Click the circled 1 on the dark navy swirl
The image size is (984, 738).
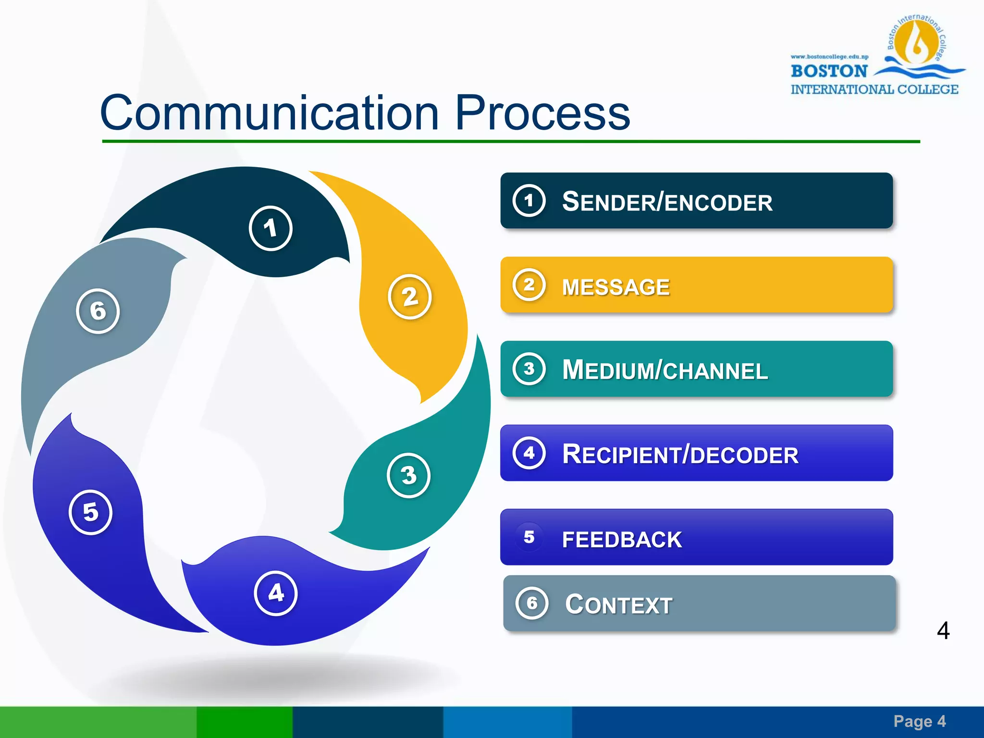[x=271, y=228]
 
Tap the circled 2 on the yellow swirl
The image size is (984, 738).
[x=409, y=296]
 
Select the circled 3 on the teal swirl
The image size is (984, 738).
[x=408, y=475]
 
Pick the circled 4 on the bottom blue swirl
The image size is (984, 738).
[x=276, y=593]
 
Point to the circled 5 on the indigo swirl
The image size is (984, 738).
[x=90, y=512]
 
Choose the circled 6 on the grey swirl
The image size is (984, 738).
[x=98, y=311]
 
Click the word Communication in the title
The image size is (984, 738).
[x=269, y=113]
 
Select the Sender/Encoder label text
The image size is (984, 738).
[x=667, y=202]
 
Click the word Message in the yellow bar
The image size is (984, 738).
[x=615, y=287]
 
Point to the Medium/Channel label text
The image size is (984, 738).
[x=665, y=370]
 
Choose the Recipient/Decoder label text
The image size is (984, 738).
[x=680, y=455]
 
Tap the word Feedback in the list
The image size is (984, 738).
[x=622, y=540]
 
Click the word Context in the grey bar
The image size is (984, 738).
[x=618, y=604]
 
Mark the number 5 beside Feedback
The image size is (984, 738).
[x=529, y=537]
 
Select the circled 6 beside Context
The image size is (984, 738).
[x=532, y=603]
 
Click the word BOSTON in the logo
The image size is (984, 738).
[x=829, y=71]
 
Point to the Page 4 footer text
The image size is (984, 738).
[x=920, y=721]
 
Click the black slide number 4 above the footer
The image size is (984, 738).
[x=943, y=630]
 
